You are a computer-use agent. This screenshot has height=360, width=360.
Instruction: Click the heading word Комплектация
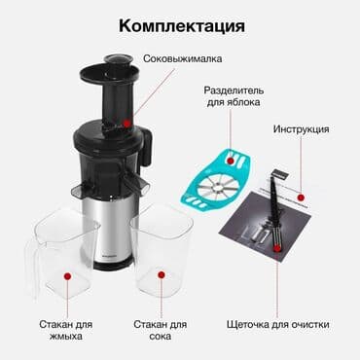[x=180, y=23]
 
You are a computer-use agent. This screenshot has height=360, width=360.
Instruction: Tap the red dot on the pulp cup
[x=67, y=275]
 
